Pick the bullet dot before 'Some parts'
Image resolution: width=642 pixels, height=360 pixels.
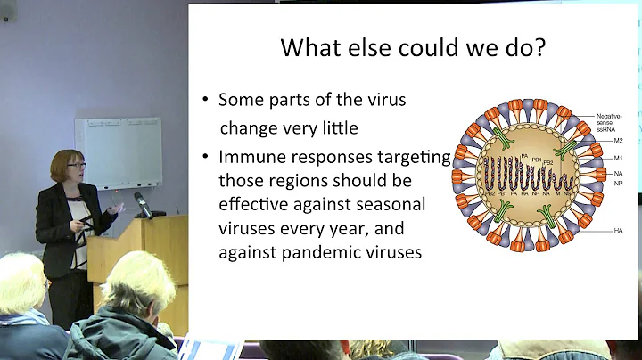(x=204, y=101)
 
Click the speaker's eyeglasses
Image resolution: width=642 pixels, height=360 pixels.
(x=76, y=166)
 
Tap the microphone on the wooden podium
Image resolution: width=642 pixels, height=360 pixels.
(x=143, y=204)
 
